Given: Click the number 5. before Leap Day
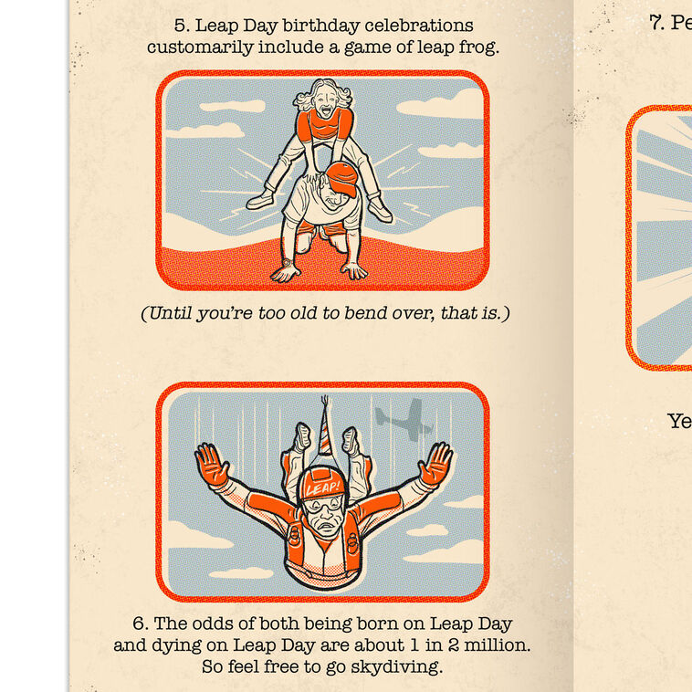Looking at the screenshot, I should click(x=182, y=26).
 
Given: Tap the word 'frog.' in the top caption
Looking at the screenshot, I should click(x=477, y=47).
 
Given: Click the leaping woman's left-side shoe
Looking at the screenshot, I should click(x=261, y=198).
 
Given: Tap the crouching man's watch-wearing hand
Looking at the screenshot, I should click(x=285, y=271).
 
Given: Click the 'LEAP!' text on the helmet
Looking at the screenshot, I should click(x=323, y=488).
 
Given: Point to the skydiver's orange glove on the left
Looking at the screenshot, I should click(x=212, y=465).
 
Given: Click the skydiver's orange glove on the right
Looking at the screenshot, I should click(x=435, y=463).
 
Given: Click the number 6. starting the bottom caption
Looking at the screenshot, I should click(x=141, y=624).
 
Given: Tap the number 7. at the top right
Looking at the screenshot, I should click(x=656, y=24).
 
